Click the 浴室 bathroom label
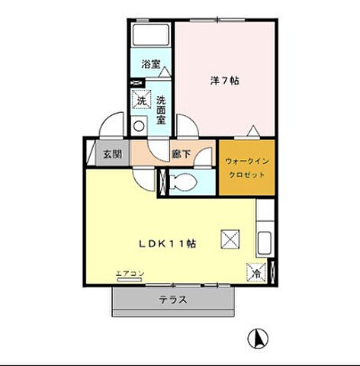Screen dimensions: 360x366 coord(151,64)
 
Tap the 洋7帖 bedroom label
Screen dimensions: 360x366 coord(224,81)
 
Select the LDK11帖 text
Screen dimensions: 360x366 coord(168,244)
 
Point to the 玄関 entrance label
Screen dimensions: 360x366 coord(113,154)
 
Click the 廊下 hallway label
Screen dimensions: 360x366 coord(181,154)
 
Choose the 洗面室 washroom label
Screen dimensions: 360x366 coord(161,110)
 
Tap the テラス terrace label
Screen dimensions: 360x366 coord(173,300)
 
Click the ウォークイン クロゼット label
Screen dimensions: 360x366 coord(247,168)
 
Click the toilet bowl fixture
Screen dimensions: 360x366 coord(184,182)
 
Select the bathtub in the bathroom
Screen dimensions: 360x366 coord(151,35)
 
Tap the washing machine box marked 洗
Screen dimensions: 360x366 coord(142,100)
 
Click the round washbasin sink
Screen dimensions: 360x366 coord(139,126)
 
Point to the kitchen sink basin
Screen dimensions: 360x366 coord(265,242)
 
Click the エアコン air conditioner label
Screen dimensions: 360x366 coord(130,274)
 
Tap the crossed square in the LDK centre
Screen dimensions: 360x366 coord(230,239)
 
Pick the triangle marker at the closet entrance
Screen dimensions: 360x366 coord(253,130)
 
